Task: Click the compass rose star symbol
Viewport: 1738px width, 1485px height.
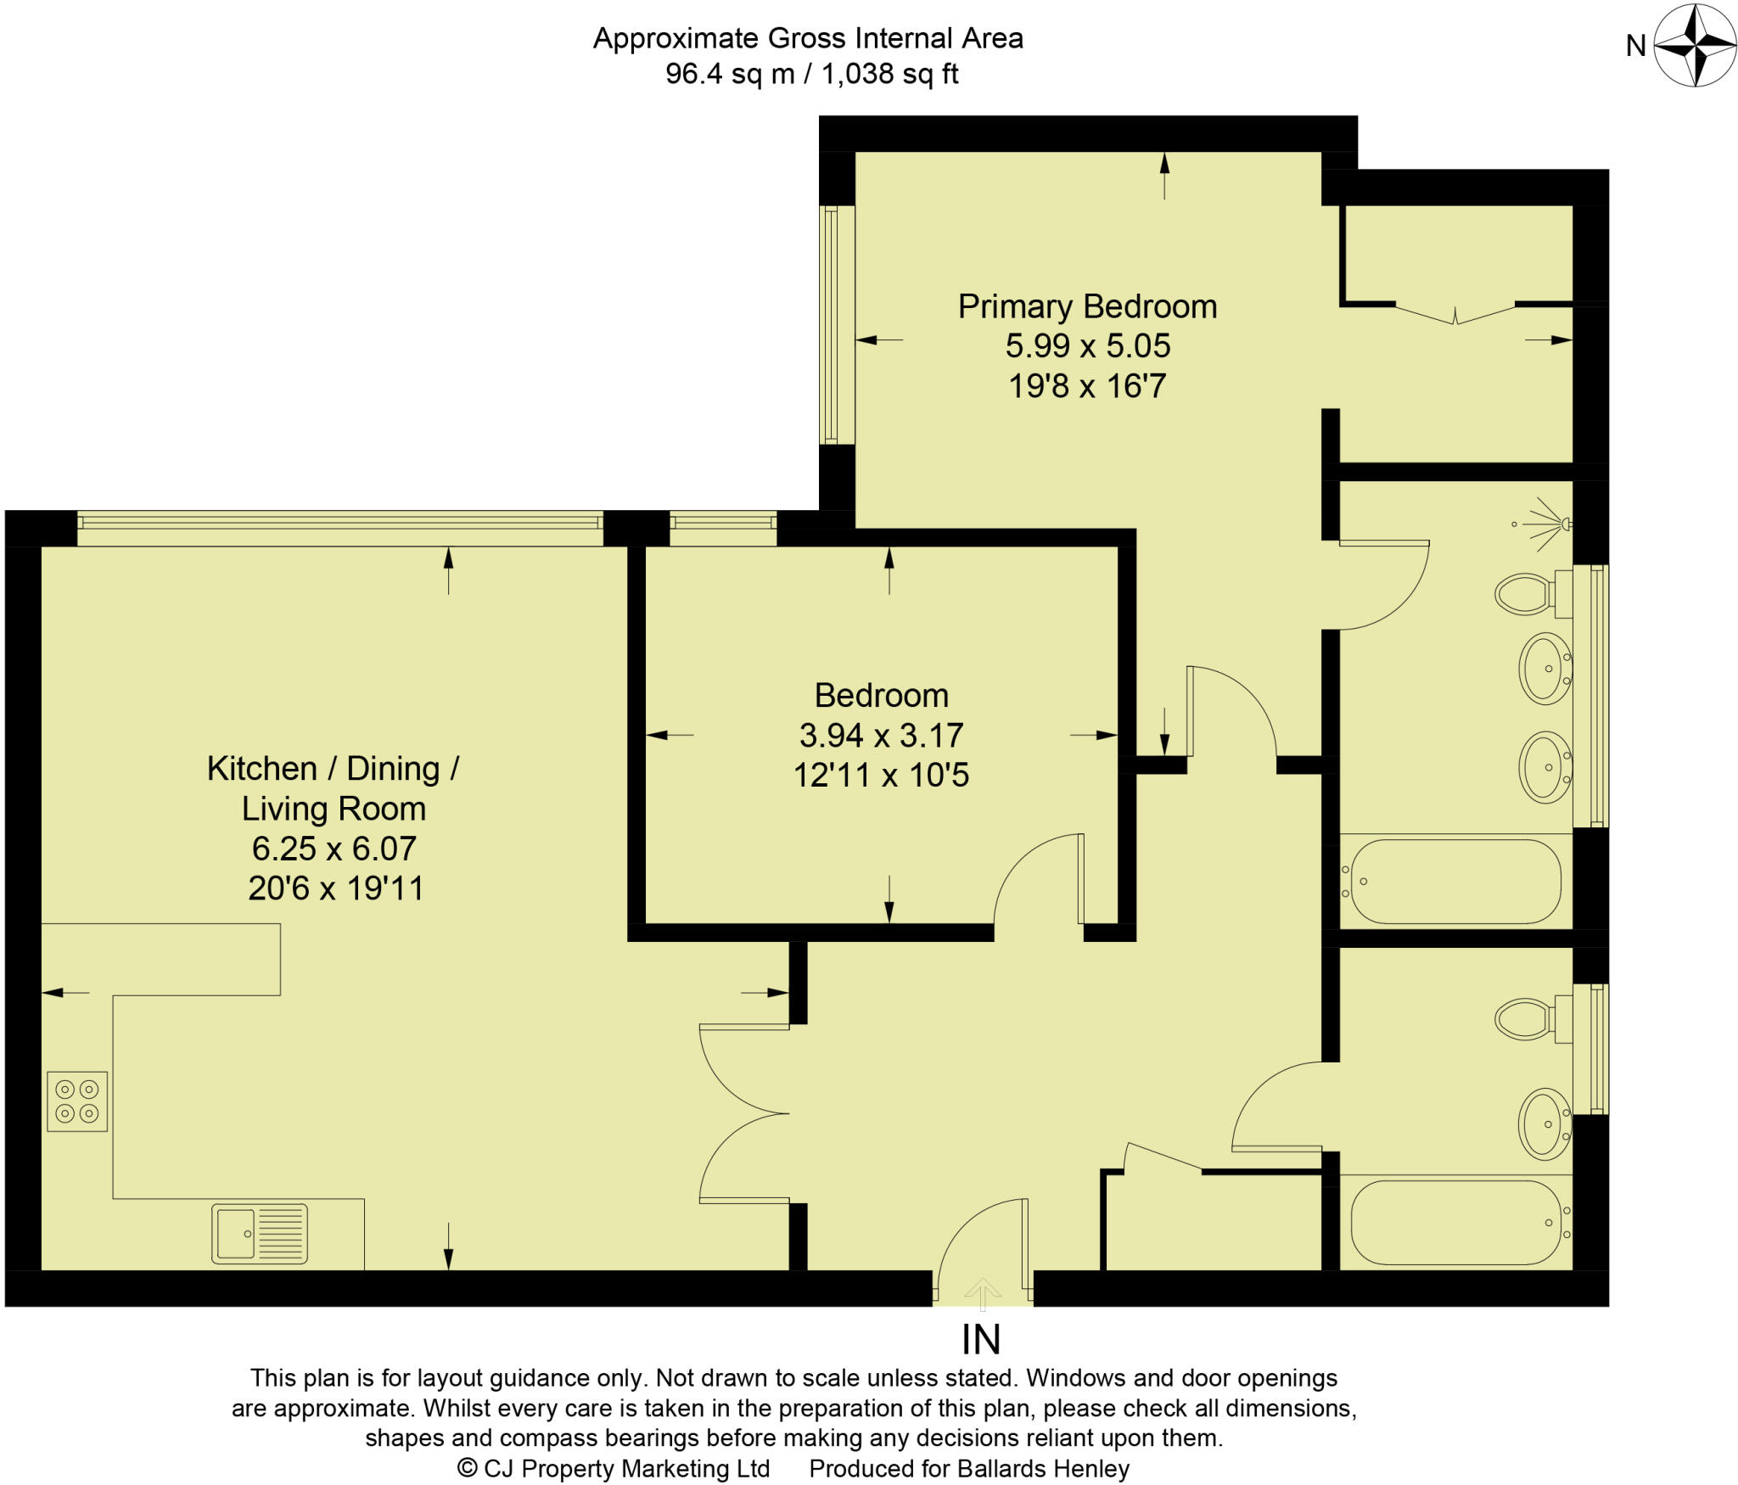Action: tap(1695, 46)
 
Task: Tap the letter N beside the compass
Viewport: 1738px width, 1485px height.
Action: tap(1635, 46)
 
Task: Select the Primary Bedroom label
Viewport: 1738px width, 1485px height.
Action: tap(1087, 306)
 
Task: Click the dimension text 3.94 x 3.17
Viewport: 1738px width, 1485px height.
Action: tap(881, 735)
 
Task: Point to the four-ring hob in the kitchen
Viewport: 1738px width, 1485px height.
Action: tap(77, 1101)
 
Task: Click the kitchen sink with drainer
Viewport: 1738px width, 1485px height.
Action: tap(260, 1233)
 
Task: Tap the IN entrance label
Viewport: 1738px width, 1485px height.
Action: tap(981, 1340)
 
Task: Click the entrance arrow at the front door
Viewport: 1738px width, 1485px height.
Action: tap(983, 1292)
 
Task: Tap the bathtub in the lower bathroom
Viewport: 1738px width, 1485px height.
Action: tap(1455, 1222)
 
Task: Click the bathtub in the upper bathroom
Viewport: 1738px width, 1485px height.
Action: tap(1455, 882)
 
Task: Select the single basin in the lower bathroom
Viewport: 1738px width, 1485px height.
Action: tap(1545, 1124)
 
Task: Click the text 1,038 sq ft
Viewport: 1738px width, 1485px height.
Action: tap(890, 74)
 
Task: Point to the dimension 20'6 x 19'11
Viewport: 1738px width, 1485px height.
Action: tap(336, 888)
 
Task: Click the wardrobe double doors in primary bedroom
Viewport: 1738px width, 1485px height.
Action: tap(1455, 314)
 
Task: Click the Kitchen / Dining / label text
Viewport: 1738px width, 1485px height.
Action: tap(333, 768)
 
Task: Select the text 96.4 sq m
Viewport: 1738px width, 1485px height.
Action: tap(730, 74)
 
